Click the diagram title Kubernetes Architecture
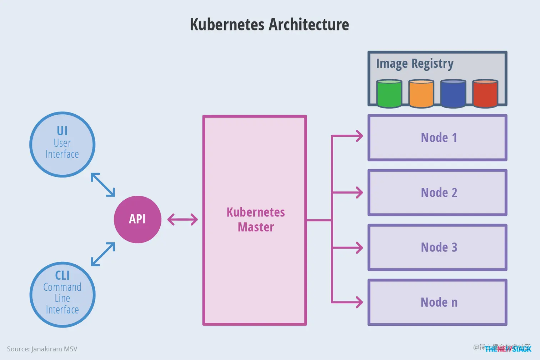[269, 25]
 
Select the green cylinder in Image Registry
[389, 94]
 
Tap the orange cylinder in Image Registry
[421, 94]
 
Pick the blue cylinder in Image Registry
[453, 94]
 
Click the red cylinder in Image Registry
[485, 94]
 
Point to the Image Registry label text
[415, 64]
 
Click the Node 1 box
[437, 138]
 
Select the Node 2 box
[437, 193]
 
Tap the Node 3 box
[437, 247]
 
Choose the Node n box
[437, 302]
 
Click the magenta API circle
[137, 219]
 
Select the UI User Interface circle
[62, 145]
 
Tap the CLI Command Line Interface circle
[62, 295]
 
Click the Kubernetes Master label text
[255, 220]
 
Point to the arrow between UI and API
[103, 185]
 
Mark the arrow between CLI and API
[103, 254]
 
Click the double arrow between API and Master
[182, 219]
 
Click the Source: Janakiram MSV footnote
[42, 349]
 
